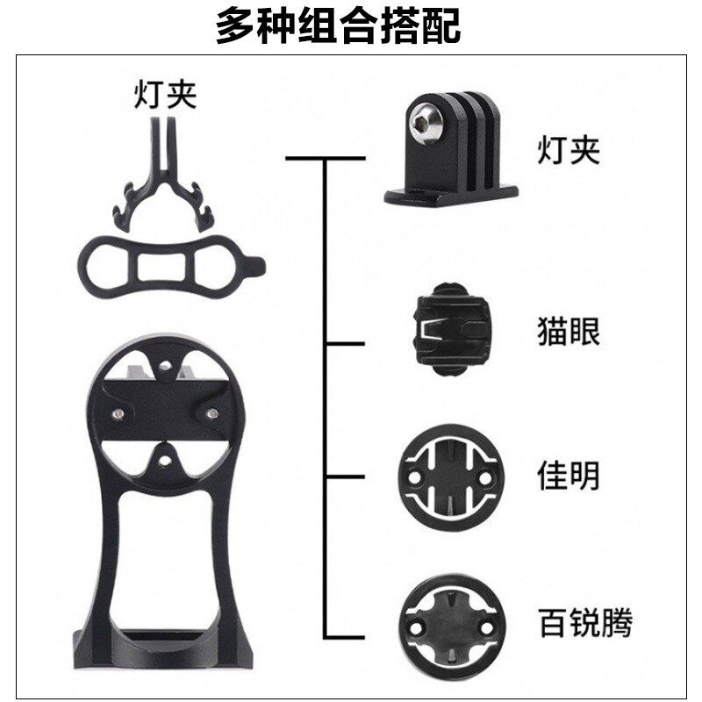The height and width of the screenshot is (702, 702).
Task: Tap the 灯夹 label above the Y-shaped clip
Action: click(165, 95)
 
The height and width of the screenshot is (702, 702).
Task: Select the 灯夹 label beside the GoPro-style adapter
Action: click(568, 151)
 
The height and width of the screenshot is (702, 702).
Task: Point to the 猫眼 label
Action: click(568, 333)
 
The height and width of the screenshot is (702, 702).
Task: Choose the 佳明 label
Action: click(568, 476)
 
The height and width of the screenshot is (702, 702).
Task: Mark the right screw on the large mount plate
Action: click(211, 410)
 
